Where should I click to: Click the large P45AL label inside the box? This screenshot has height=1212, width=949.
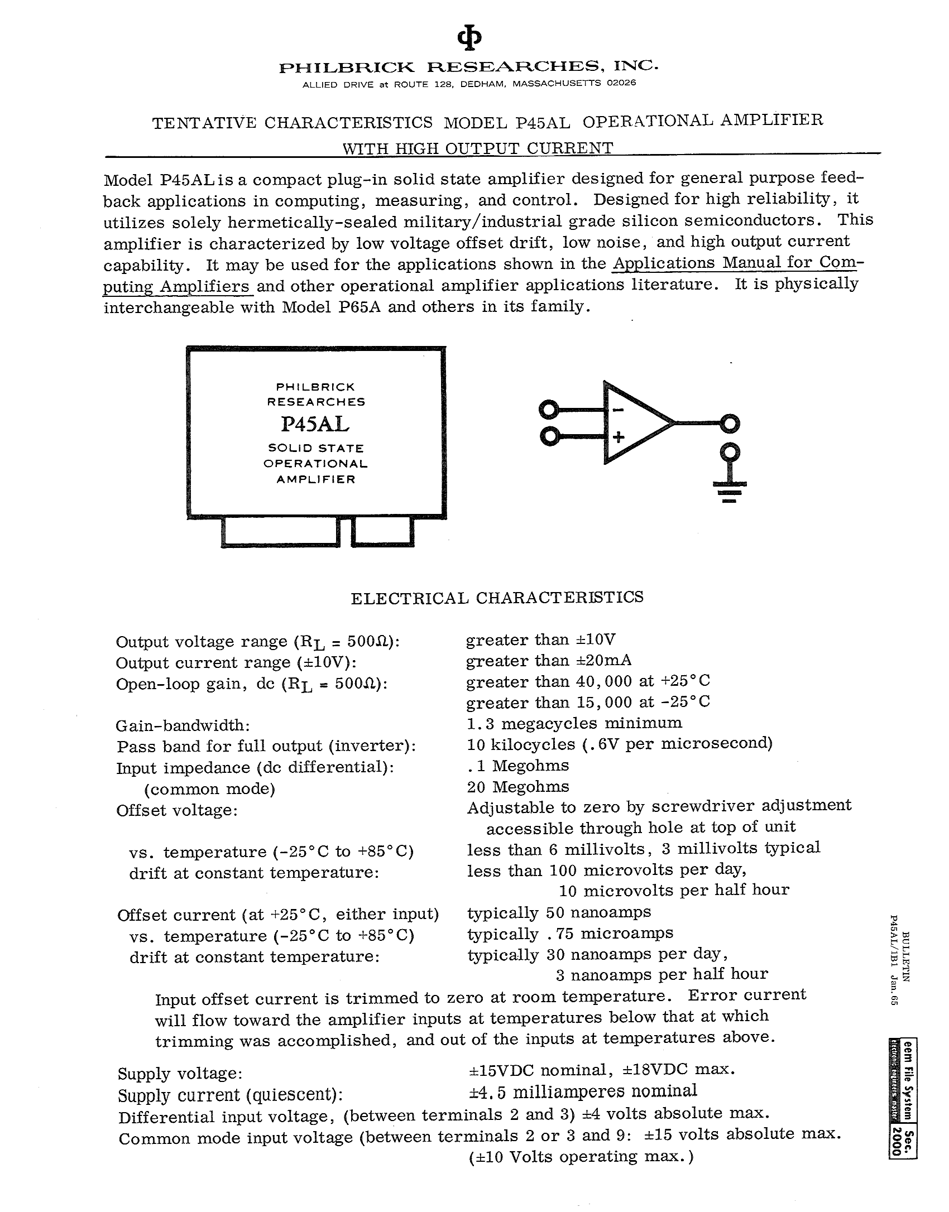pyautogui.click(x=316, y=425)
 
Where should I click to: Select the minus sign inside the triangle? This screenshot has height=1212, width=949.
pyautogui.click(x=618, y=411)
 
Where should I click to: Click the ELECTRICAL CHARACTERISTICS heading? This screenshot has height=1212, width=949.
pyautogui.click(x=497, y=598)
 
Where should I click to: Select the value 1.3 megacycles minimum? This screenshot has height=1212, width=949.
pyautogui.click(x=574, y=723)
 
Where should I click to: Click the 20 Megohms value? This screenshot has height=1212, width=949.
pyautogui.click(x=518, y=787)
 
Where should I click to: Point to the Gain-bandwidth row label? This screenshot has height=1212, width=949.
pyautogui.click(x=183, y=725)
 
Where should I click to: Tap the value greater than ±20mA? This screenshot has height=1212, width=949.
pyautogui.click(x=549, y=661)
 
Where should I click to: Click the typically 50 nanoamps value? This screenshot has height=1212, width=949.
pyautogui.click(x=559, y=912)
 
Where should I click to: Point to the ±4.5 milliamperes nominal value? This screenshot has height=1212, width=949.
pyautogui.click(x=583, y=1091)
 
